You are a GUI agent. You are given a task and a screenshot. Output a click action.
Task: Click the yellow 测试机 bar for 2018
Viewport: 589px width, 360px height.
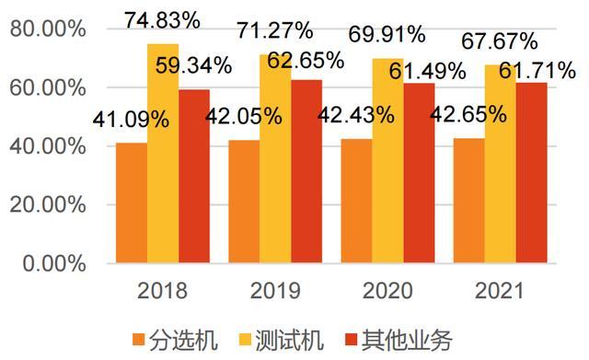(163, 154)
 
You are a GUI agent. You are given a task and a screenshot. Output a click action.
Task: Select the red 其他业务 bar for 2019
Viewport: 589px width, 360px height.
(306, 171)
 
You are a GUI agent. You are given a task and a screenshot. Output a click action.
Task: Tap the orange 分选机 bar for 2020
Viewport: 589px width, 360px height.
(356, 201)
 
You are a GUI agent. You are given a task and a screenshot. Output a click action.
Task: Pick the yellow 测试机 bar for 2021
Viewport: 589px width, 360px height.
(500, 164)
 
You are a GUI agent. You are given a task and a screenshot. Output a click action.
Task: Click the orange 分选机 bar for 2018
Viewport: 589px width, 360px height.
(132, 203)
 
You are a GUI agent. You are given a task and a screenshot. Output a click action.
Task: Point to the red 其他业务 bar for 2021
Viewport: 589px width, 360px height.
(532, 173)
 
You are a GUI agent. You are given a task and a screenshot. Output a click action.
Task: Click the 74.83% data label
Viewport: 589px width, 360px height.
(162, 20)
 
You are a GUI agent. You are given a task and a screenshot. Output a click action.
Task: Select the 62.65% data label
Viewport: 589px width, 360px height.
(306, 60)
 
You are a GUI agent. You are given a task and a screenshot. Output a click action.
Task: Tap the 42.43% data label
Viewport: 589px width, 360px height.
(356, 114)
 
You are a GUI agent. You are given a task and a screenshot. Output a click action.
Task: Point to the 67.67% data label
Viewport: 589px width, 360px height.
(500, 41)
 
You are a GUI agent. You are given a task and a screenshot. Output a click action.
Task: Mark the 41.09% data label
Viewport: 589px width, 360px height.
(131, 120)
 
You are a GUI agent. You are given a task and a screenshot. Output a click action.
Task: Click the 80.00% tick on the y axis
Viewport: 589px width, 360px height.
(48, 29)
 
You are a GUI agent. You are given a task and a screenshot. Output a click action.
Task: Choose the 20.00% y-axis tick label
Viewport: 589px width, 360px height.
(48, 204)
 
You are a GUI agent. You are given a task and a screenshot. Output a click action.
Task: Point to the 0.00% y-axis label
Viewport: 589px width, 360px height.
(54, 263)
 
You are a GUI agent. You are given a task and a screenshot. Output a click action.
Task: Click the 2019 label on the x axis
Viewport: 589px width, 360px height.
(275, 291)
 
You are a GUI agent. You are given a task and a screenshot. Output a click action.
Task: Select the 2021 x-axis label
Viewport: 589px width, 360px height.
(499, 291)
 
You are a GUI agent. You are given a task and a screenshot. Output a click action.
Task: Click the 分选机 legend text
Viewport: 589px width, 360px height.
(183, 341)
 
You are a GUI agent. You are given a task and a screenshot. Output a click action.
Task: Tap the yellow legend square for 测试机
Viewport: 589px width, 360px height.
(246, 341)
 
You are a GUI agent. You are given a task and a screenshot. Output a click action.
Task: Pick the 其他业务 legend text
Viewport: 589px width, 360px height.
(407, 341)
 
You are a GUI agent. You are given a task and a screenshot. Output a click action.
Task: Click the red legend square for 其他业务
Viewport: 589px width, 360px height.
(352, 341)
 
